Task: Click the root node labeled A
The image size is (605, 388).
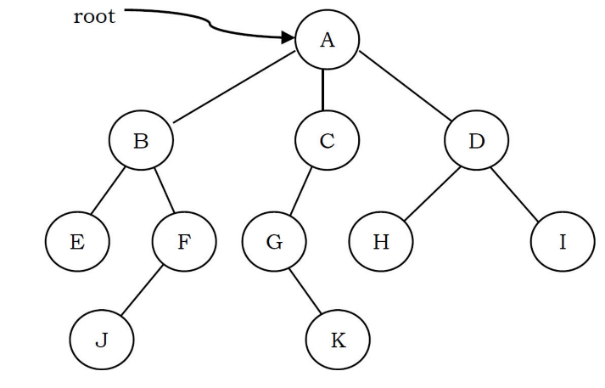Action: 328,39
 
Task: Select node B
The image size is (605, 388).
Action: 141,140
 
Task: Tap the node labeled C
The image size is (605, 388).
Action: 328,140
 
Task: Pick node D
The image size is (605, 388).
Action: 477,140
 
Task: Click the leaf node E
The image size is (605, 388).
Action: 77,242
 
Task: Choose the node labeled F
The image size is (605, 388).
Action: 184,242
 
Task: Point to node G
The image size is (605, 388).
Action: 274,242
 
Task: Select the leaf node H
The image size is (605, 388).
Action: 381,242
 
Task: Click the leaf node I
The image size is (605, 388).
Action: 563,242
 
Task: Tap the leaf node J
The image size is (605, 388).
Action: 102,340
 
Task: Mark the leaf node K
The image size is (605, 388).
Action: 338,340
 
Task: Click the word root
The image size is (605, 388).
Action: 94,17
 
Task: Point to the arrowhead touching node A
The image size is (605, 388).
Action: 288,37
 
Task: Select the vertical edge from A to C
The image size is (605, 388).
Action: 323,90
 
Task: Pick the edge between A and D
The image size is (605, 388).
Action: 405,86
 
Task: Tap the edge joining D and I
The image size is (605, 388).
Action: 514,194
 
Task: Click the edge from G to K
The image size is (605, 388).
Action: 305,290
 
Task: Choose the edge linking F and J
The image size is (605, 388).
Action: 142,291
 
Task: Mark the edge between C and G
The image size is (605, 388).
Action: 300,191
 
